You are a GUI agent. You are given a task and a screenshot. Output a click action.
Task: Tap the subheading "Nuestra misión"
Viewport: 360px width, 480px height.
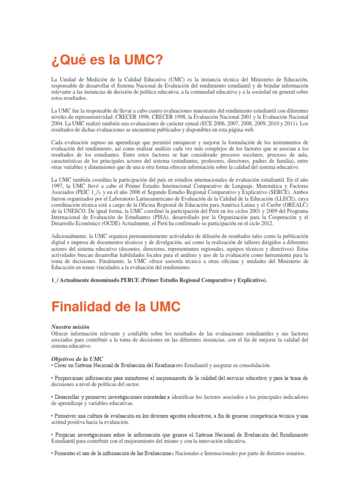coord(70,326)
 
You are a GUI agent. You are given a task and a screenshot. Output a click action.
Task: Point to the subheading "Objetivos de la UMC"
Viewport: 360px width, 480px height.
coord(77,359)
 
